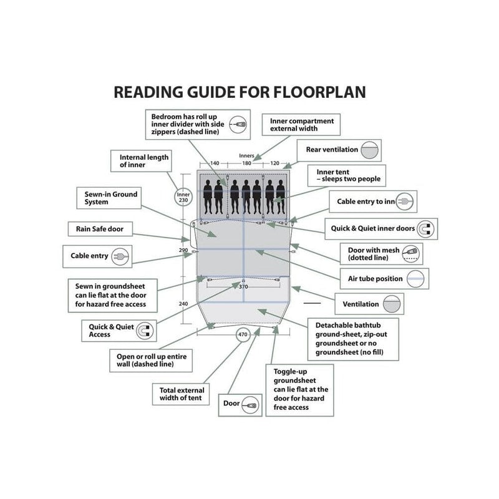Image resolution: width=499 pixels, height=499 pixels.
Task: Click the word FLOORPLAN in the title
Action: [319, 92]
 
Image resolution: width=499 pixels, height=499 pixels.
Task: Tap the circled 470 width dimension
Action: [243, 334]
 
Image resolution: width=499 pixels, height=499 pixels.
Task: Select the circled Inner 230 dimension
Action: [183, 197]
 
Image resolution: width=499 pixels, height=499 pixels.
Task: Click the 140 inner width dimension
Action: [215, 163]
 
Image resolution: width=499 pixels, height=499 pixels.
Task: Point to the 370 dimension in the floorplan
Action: [243, 286]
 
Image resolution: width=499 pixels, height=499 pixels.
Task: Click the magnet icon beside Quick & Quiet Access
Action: [145, 331]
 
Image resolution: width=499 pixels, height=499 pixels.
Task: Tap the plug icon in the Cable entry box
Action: [120, 256]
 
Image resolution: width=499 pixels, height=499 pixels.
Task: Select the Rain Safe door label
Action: [100, 229]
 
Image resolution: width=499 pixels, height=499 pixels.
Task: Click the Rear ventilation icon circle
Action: [370, 150]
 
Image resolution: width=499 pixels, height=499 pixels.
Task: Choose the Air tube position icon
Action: [415, 279]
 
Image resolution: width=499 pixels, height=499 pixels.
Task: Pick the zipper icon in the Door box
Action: [250, 405]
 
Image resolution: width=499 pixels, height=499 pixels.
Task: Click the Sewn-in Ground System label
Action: [111, 198]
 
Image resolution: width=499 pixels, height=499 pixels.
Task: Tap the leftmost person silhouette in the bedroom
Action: [208, 196]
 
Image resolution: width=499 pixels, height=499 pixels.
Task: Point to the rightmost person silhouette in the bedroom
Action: [280, 196]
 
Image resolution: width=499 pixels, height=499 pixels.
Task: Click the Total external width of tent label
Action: [182, 394]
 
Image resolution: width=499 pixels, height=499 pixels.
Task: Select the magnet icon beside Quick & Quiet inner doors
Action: [426, 229]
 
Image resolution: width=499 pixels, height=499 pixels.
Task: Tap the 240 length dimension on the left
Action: [183, 304]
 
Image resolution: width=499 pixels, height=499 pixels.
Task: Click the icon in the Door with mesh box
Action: [410, 254]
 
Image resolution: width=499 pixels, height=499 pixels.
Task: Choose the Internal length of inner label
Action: [144, 161]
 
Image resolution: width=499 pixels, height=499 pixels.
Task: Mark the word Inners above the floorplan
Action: [246, 155]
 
